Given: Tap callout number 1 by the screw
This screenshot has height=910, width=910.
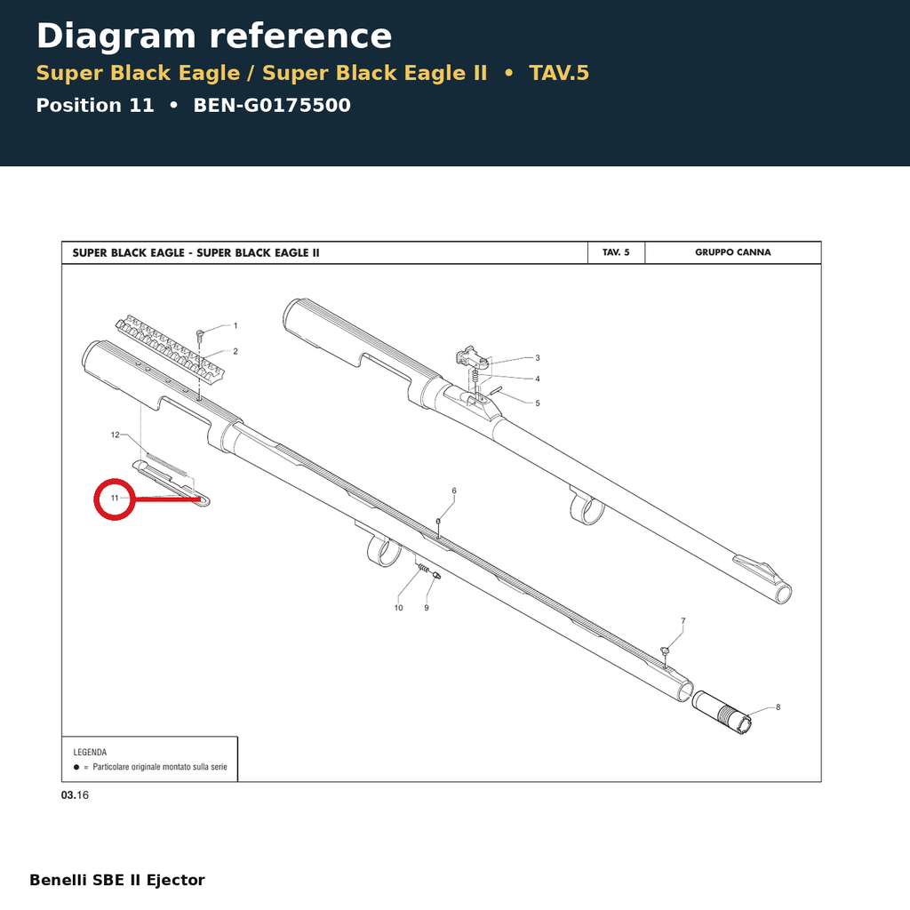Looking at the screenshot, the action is tap(235, 325).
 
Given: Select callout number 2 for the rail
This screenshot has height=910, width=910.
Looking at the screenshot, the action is tap(235, 351).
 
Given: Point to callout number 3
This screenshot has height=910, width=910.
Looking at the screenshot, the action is tap(538, 358).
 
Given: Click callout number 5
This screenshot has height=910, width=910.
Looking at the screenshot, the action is tap(538, 403).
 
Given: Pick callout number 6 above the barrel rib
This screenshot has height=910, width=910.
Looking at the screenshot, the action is tap(454, 491).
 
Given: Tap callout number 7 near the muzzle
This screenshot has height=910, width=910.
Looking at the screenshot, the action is tap(683, 621).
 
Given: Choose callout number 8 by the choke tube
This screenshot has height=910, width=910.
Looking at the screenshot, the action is tap(778, 706).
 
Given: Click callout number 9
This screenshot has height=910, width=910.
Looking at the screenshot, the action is tap(427, 608).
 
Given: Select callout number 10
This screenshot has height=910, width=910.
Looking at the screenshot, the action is tap(399, 608).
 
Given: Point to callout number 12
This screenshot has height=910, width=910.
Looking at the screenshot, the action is tap(115, 435).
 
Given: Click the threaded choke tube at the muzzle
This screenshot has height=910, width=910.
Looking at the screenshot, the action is tap(722, 713).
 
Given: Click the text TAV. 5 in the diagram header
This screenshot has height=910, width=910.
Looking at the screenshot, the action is tap(616, 252).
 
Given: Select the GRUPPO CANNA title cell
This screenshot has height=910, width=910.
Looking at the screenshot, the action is tap(733, 252).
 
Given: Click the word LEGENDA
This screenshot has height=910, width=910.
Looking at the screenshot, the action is tap(90, 752).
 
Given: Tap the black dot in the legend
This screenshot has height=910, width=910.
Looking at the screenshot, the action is tap(76, 767).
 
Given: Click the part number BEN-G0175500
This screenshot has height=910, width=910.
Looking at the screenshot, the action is tap(272, 105).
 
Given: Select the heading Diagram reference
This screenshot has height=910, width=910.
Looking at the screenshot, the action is tap(214, 36).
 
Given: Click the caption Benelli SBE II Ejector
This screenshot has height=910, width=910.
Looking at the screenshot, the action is tap(117, 880).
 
